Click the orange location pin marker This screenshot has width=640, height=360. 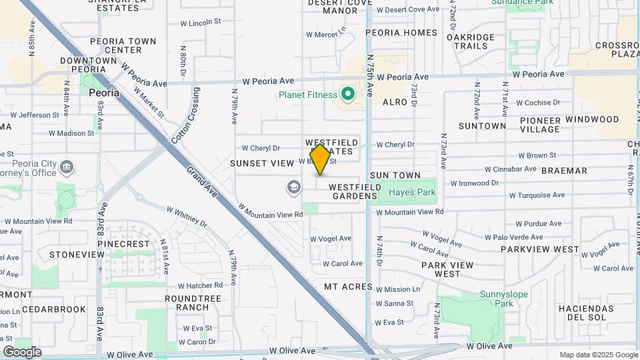pyautogui.click(x=320, y=159)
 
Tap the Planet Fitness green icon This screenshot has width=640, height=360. pyautogui.click(x=347, y=94)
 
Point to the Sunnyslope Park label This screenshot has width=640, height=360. pyautogui.click(x=497, y=298)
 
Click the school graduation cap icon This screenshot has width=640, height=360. pyautogui.click(x=293, y=187)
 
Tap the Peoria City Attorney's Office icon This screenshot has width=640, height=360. pyautogui.click(x=67, y=166)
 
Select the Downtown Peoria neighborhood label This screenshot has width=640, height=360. pyautogui.click(x=89, y=65)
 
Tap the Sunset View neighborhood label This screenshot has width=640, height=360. pyautogui.click(x=262, y=163)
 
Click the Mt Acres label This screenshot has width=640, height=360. pyautogui.click(x=347, y=287)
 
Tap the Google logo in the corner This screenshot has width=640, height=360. pyautogui.click(x=22, y=351)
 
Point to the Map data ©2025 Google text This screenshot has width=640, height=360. pyautogui.click(x=598, y=355)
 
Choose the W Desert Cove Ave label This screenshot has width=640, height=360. pyautogui.click(x=408, y=9)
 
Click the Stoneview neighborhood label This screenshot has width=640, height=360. pyautogui.click(x=77, y=255)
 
